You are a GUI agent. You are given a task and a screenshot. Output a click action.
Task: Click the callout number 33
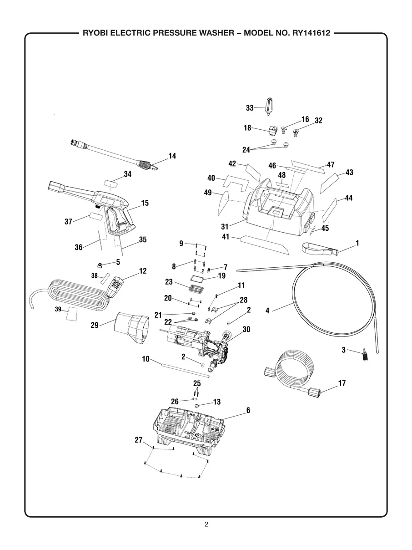(250, 108)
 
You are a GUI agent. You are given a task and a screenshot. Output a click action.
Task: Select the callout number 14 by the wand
(172, 156)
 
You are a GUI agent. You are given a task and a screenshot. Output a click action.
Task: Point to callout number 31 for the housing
(225, 226)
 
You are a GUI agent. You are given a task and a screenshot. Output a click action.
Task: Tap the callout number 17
(342, 383)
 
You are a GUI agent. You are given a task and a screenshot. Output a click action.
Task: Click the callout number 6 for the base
(248, 410)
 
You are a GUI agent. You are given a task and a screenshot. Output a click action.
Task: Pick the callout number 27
(139, 440)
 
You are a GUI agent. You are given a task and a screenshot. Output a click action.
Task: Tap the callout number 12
(143, 271)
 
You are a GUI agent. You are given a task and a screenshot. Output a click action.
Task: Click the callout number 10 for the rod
(146, 359)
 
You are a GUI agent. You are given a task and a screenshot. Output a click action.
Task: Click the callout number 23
(169, 282)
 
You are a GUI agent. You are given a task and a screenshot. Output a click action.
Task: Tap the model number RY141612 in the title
(309, 33)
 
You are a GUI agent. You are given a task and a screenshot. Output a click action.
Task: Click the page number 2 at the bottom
(206, 524)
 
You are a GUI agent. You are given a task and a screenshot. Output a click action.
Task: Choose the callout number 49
(208, 193)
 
